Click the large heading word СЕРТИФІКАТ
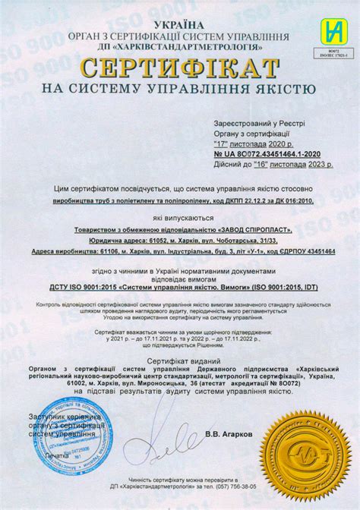(x=180, y=69)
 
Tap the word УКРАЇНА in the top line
(x=181, y=25)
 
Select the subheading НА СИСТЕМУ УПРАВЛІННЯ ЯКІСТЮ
(x=179, y=89)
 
